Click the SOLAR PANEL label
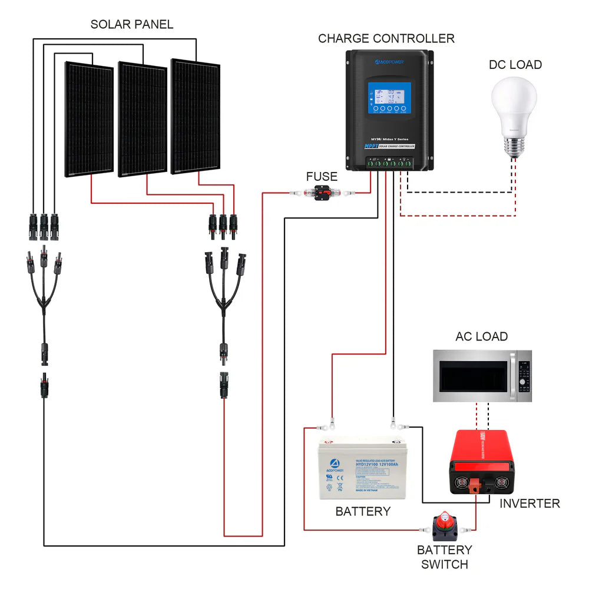coord(132,25)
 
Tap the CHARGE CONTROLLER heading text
coord(386,39)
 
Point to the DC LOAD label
coord(515,65)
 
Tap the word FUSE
coord(322,177)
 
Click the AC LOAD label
coord(481,336)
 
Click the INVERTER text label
coord(530,504)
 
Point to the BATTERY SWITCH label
coord(445,557)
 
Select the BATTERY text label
coord(363,511)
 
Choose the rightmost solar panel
coord(195,116)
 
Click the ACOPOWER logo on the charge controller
coord(389,61)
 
